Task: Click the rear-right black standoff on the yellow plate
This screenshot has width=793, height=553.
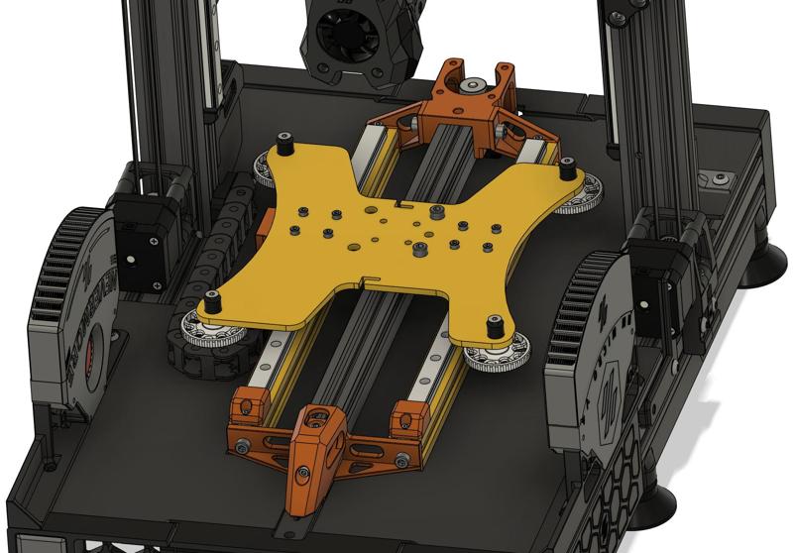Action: click(x=567, y=169)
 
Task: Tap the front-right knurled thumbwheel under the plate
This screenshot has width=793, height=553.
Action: click(x=493, y=354)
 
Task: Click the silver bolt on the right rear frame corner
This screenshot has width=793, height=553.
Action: click(x=719, y=179)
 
